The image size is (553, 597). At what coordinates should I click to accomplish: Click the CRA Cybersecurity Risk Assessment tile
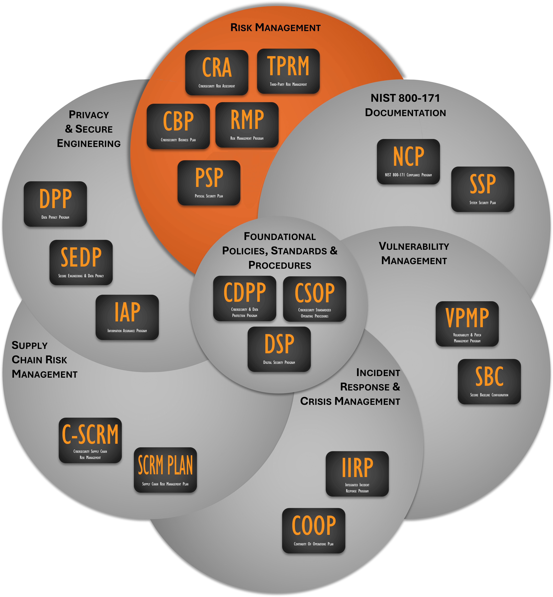(217, 73)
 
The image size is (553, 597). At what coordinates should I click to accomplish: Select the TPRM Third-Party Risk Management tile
(288, 71)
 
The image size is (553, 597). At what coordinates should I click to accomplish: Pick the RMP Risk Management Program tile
(247, 125)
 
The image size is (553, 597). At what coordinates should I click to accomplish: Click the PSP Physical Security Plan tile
(209, 183)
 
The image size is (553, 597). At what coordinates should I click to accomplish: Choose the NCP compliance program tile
(408, 162)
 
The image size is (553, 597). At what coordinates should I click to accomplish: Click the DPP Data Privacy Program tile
(55, 204)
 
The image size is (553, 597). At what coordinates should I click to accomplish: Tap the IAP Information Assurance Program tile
(127, 317)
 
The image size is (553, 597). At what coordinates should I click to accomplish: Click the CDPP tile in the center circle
(245, 298)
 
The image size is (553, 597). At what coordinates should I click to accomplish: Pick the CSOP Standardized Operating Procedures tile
(315, 299)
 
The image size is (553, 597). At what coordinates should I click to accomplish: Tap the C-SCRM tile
(90, 440)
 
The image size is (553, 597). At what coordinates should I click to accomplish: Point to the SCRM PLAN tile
(165, 470)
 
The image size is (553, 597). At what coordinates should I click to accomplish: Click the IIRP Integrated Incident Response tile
(357, 474)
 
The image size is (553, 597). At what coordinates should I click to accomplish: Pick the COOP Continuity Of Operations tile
(314, 531)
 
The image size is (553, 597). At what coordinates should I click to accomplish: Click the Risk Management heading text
(275, 28)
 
